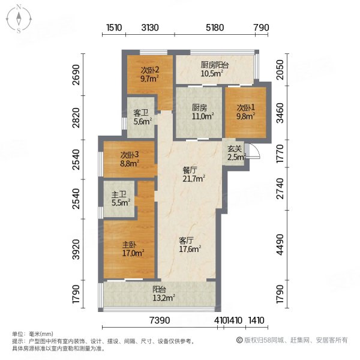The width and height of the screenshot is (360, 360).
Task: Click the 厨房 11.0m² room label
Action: pyautogui.click(x=199, y=112)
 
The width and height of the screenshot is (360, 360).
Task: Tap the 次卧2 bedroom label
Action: pyautogui.click(x=149, y=73)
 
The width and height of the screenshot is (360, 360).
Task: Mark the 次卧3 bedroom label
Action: pyautogui.click(x=128, y=158)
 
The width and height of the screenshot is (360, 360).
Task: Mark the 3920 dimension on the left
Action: pyautogui.click(x=76, y=248)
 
